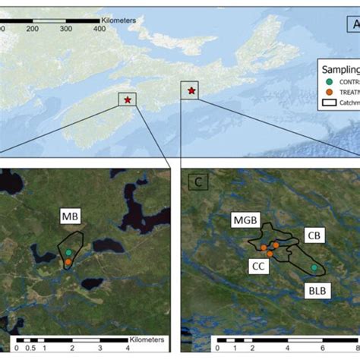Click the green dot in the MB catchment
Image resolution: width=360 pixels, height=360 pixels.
click(69, 252)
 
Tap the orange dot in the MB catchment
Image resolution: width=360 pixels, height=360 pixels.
click(68, 262)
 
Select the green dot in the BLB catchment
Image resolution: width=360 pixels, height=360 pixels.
click(314, 268)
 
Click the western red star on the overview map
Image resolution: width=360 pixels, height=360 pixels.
click(128, 99)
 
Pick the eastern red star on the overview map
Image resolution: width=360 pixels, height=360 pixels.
click(191, 91)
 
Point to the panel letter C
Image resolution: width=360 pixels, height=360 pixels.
click(194, 182)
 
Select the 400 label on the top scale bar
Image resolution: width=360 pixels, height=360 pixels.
click(98, 28)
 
